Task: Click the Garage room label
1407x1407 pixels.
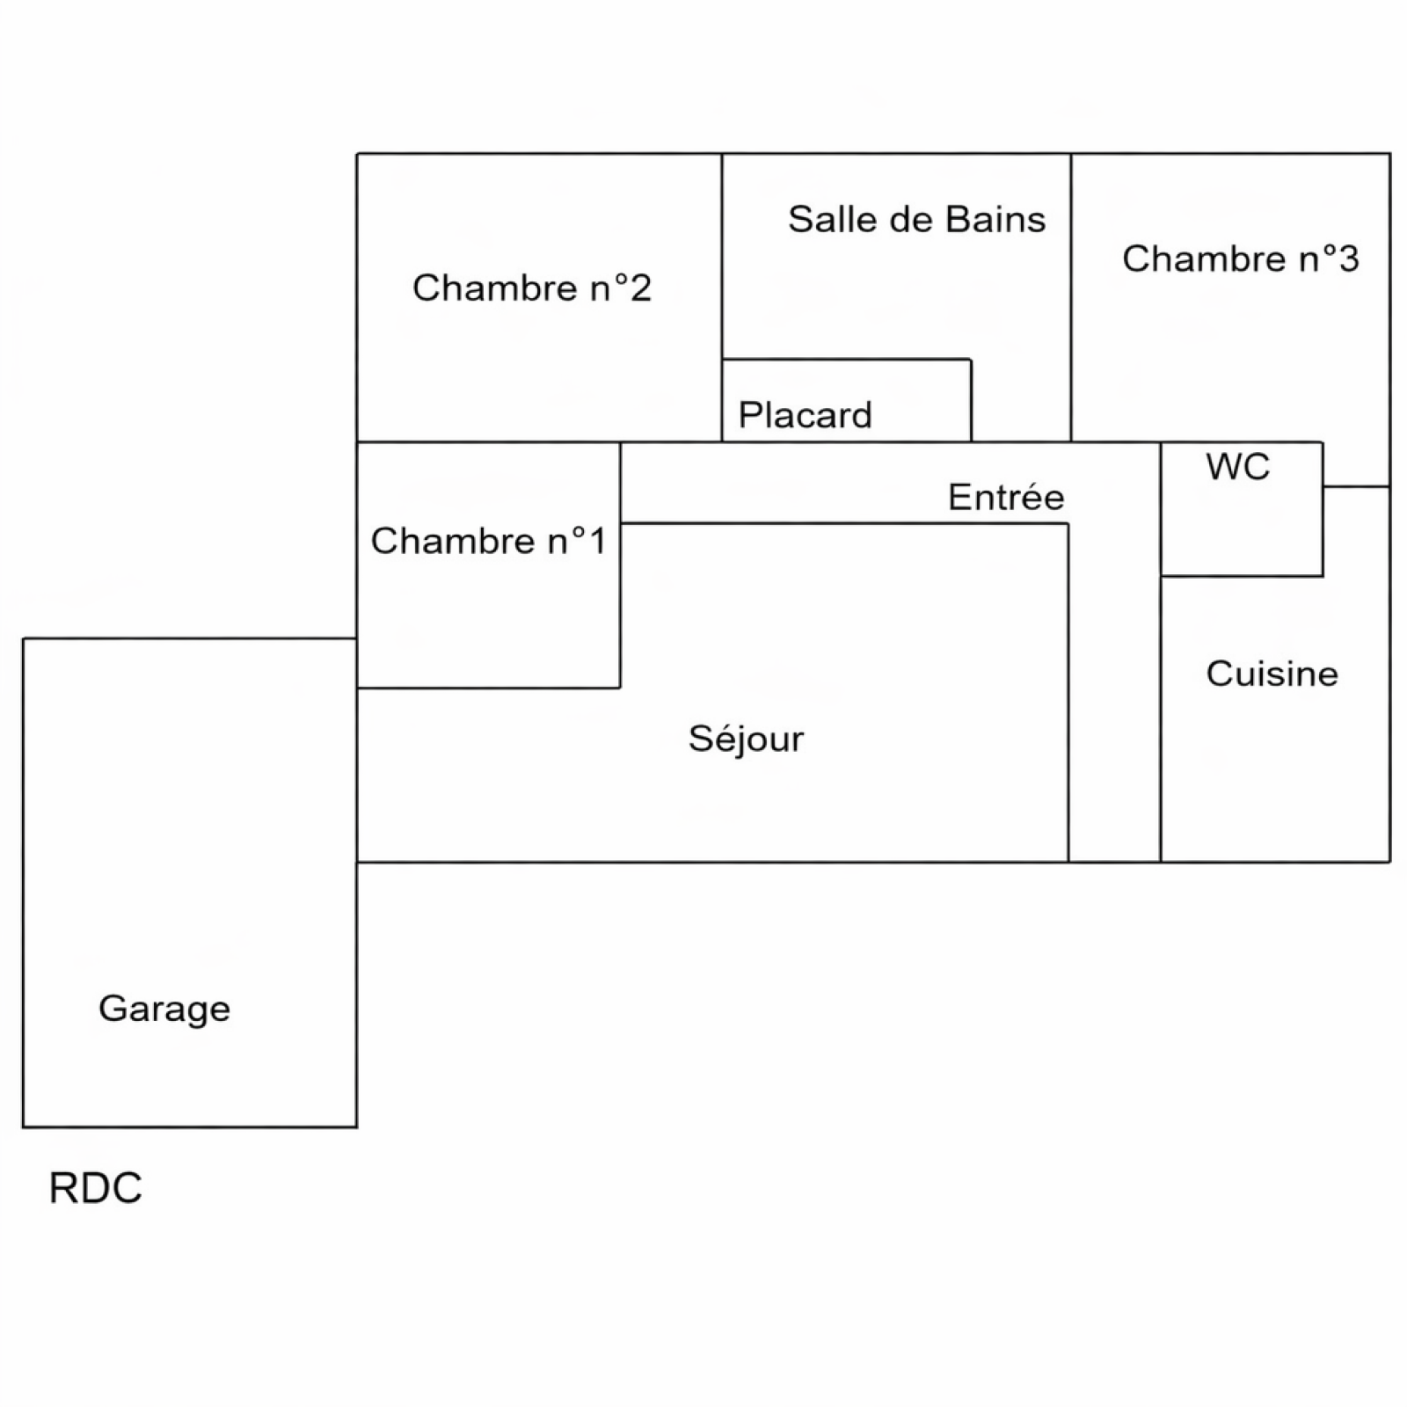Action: tap(164, 1009)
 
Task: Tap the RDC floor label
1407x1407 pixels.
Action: tap(95, 1188)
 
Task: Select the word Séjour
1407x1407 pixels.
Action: tap(746, 739)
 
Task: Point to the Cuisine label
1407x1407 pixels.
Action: tap(1272, 674)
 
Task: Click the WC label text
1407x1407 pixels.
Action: tap(1238, 467)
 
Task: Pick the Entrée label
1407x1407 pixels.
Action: tap(1006, 498)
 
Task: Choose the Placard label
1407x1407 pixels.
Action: tap(805, 415)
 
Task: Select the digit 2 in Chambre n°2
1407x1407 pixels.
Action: tap(640, 288)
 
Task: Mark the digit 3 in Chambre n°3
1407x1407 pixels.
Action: tap(1347, 259)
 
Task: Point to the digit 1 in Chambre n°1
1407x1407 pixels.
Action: tap(598, 542)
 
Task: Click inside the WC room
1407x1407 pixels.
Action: tap(1242, 528)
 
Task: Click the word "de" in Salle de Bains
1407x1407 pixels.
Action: tap(909, 219)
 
